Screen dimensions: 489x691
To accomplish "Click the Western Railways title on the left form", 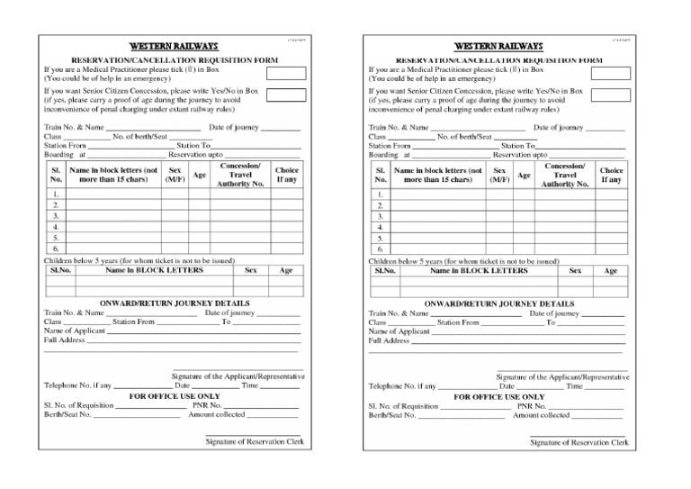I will (x=174, y=46).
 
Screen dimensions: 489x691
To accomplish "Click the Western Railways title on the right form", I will (x=498, y=46).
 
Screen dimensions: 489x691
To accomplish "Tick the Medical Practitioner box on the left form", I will (x=285, y=73).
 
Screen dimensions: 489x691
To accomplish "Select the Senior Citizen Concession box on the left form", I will (x=285, y=95).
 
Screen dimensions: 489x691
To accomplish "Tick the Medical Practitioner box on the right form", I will (x=610, y=73).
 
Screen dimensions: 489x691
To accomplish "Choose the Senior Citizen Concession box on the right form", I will (x=610, y=95).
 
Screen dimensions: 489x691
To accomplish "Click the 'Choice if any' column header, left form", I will (x=287, y=175).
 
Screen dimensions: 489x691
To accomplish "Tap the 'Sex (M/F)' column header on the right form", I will (x=499, y=175).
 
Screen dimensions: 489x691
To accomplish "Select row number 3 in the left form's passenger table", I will (x=56, y=216).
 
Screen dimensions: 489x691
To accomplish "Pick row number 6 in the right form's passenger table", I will (x=381, y=249).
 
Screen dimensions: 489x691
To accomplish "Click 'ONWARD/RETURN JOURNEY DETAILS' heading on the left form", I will (x=174, y=303).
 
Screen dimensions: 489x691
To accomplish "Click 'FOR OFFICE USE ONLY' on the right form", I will (x=498, y=396).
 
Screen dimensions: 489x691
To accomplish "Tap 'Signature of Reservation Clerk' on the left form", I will (x=253, y=441).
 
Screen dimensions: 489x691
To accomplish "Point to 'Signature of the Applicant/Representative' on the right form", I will (x=563, y=376).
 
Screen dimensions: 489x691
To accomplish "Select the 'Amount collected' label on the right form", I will (x=541, y=415).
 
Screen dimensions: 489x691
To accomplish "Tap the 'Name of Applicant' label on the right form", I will (x=399, y=331).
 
